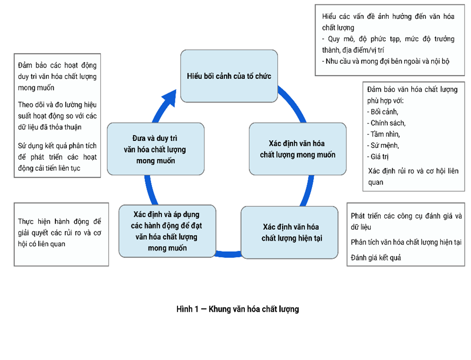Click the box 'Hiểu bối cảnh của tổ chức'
click(x=228, y=76)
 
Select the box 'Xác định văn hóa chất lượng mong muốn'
click(x=297, y=148)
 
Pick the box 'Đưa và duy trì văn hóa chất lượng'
click(x=155, y=148)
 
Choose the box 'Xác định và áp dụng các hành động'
click(x=167, y=231)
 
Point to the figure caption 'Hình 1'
click(x=237, y=309)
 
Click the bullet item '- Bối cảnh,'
click(x=382, y=112)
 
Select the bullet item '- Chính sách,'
click(x=386, y=123)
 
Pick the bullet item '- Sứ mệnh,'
click(x=382, y=146)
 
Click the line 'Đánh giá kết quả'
click(x=376, y=258)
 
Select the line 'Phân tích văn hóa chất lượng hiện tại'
click(x=406, y=242)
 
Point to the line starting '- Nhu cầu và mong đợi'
click(x=385, y=61)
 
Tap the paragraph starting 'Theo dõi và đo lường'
click(x=57, y=116)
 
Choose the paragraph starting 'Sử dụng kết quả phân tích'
click(x=57, y=157)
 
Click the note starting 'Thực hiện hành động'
click(x=59, y=233)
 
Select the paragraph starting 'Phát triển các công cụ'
click(x=406, y=221)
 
